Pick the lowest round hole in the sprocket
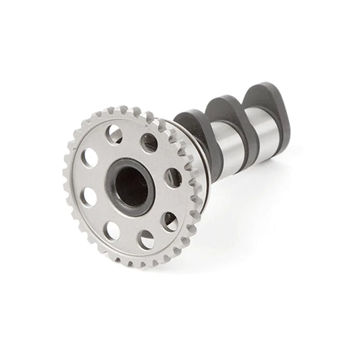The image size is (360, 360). coord(145,240)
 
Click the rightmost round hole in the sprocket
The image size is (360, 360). coord(173,178)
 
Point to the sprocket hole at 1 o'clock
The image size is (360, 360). coord(149,143)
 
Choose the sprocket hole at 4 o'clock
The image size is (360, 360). coord(170,221)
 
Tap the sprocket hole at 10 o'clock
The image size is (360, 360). coord(89,157)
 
